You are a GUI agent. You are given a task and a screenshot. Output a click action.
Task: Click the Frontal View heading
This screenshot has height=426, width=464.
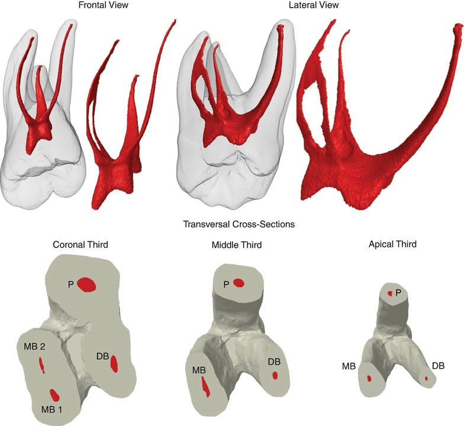[103, 5]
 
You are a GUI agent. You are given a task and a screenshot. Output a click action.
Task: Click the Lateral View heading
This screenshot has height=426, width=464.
[314, 5]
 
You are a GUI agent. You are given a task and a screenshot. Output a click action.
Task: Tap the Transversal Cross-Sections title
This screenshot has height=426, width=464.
[239, 224]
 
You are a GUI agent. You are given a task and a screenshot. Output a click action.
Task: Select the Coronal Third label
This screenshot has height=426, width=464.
[80, 245]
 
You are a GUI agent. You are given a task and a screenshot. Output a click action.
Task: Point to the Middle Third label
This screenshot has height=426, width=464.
[237, 245]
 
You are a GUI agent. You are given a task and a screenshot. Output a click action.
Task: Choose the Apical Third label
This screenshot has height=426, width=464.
[393, 244]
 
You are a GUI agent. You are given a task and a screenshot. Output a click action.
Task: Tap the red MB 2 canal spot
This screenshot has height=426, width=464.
[42, 365]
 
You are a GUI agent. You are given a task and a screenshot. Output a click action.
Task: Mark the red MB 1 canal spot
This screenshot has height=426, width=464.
[54, 394]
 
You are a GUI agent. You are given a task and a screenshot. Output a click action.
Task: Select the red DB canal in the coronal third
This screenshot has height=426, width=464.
[114, 363]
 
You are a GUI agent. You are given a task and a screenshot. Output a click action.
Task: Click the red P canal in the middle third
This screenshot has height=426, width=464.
[239, 283]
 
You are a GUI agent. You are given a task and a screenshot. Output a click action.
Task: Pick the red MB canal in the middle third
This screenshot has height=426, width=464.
[205, 386]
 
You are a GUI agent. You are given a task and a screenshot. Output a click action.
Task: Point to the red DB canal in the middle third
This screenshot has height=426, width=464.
[275, 375]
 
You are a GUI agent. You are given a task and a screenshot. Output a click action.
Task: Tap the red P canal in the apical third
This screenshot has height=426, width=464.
[390, 293]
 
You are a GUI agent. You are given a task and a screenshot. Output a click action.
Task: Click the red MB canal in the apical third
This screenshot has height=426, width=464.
[369, 379]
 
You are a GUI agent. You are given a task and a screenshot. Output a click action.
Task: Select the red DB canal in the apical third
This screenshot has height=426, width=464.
[426, 378]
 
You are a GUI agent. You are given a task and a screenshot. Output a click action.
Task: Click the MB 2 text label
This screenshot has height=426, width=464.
[34, 347]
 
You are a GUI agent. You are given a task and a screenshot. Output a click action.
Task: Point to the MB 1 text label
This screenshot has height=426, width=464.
[51, 409]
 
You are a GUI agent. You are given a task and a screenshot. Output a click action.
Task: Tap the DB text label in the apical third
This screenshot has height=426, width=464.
[438, 366]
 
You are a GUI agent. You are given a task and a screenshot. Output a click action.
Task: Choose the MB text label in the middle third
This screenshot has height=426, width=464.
[199, 370]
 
